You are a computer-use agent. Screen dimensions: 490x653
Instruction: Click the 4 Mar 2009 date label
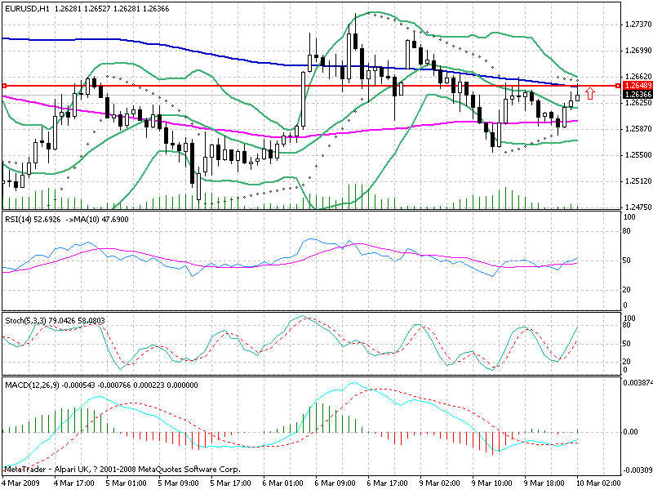(x=21, y=483)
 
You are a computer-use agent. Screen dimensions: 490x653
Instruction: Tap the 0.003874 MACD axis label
(x=637, y=382)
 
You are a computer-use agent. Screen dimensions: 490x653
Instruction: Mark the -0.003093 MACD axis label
(x=637, y=471)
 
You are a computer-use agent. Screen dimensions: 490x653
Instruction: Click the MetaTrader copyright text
(x=122, y=470)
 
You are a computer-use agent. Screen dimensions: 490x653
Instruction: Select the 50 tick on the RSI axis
(x=628, y=260)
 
